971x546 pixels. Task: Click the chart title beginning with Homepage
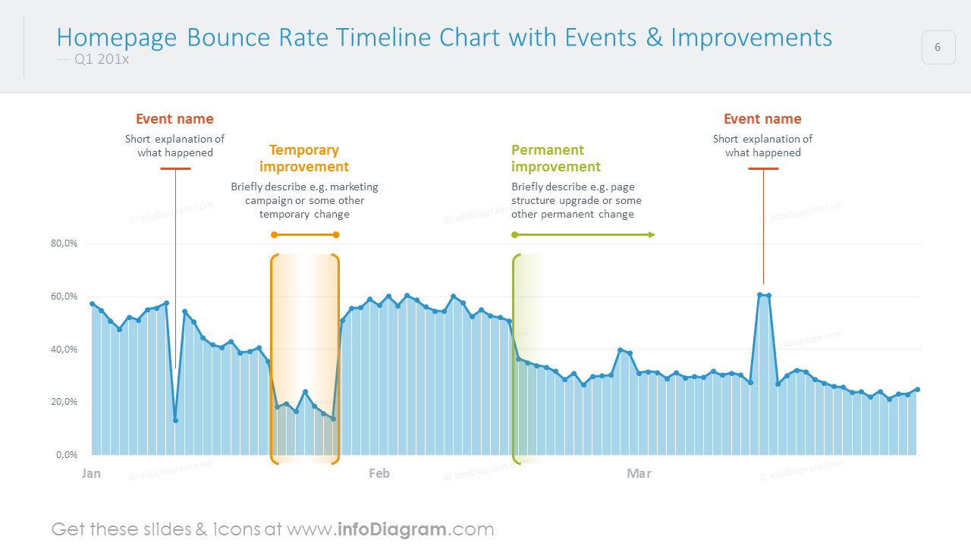point(444,37)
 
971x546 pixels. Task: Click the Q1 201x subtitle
point(102,59)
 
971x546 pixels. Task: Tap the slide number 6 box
point(938,47)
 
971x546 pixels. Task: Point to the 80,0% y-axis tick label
point(64,243)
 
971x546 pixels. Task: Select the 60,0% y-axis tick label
point(64,297)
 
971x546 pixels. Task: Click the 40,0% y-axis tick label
point(64,350)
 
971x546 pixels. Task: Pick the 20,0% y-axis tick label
point(64,402)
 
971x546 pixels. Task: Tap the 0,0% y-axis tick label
point(67,455)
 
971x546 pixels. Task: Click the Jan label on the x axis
point(91,474)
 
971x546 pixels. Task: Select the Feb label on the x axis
point(379,474)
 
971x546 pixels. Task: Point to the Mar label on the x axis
point(639,474)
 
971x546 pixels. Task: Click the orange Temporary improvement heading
point(304,158)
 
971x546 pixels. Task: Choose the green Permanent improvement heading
point(555,158)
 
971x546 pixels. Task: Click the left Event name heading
point(174,119)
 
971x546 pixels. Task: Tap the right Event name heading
point(762,119)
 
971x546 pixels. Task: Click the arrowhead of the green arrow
point(652,235)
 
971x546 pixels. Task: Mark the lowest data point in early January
point(175,420)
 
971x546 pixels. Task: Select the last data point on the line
point(917,390)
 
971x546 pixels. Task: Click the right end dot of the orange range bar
point(336,235)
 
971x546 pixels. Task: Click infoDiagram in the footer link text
point(391,529)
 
